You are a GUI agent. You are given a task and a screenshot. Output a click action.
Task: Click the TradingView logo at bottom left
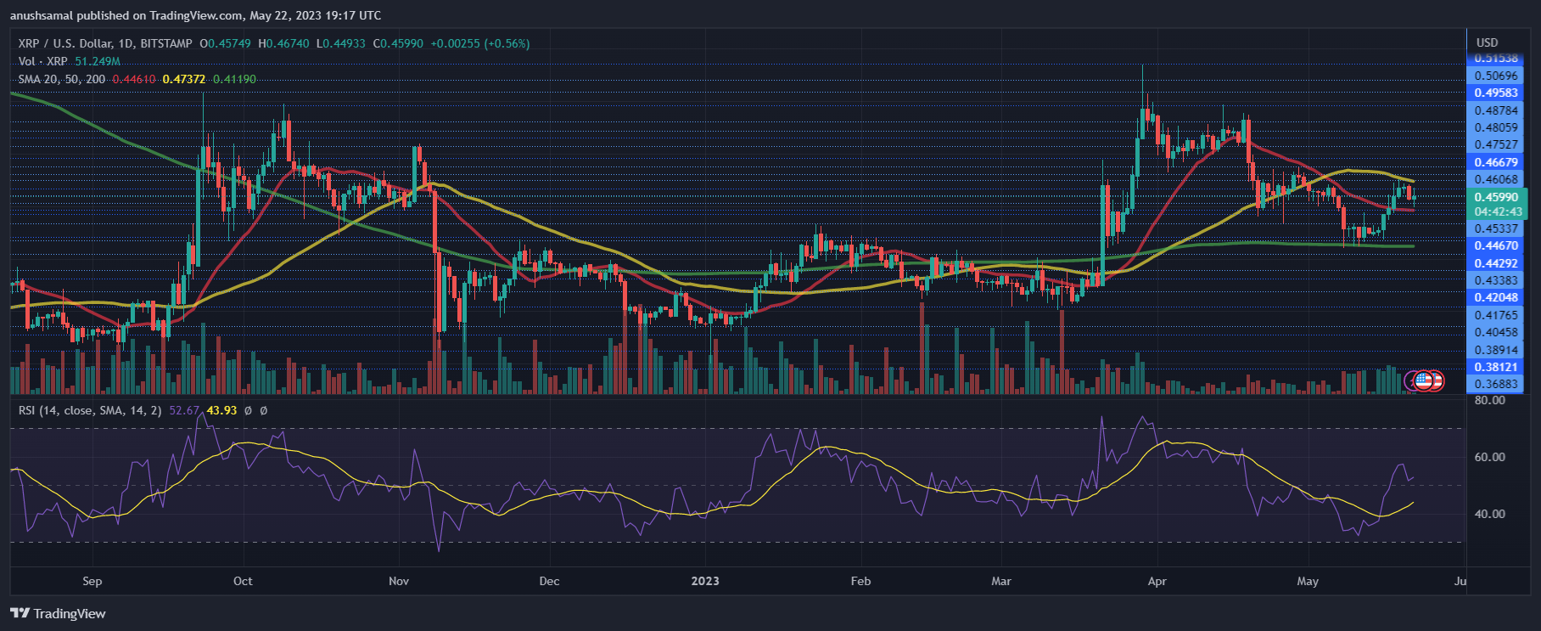(58, 613)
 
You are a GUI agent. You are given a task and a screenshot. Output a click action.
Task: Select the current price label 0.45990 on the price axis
(1495, 197)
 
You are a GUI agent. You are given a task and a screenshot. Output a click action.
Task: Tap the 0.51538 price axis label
(1495, 59)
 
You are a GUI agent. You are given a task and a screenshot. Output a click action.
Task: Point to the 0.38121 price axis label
(1495, 367)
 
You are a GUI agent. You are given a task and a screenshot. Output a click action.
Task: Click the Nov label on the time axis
(399, 581)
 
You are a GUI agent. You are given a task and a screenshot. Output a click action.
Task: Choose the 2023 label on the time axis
(705, 581)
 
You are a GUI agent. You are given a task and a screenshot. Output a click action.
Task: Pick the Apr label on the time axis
(1157, 581)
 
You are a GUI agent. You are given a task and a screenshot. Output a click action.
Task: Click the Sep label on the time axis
(92, 581)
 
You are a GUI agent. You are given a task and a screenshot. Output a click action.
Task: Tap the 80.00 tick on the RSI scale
(1490, 400)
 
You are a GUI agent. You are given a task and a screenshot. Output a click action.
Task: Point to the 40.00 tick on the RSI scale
(1490, 514)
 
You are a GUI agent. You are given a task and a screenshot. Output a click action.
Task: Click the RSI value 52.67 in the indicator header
(184, 410)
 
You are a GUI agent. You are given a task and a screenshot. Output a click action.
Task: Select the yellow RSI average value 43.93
(221, 410)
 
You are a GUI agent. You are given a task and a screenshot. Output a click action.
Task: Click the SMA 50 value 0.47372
(184, 79)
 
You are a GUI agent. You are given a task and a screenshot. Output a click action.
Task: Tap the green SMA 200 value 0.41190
(234, 79)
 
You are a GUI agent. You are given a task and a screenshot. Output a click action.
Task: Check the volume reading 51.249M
(98, 61)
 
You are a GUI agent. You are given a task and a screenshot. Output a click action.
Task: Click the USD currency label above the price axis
(1487, 42)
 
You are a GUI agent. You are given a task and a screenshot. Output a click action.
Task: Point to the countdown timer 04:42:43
(1498, 211)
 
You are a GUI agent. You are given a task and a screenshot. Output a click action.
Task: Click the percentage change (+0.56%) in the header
(507, 43)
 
